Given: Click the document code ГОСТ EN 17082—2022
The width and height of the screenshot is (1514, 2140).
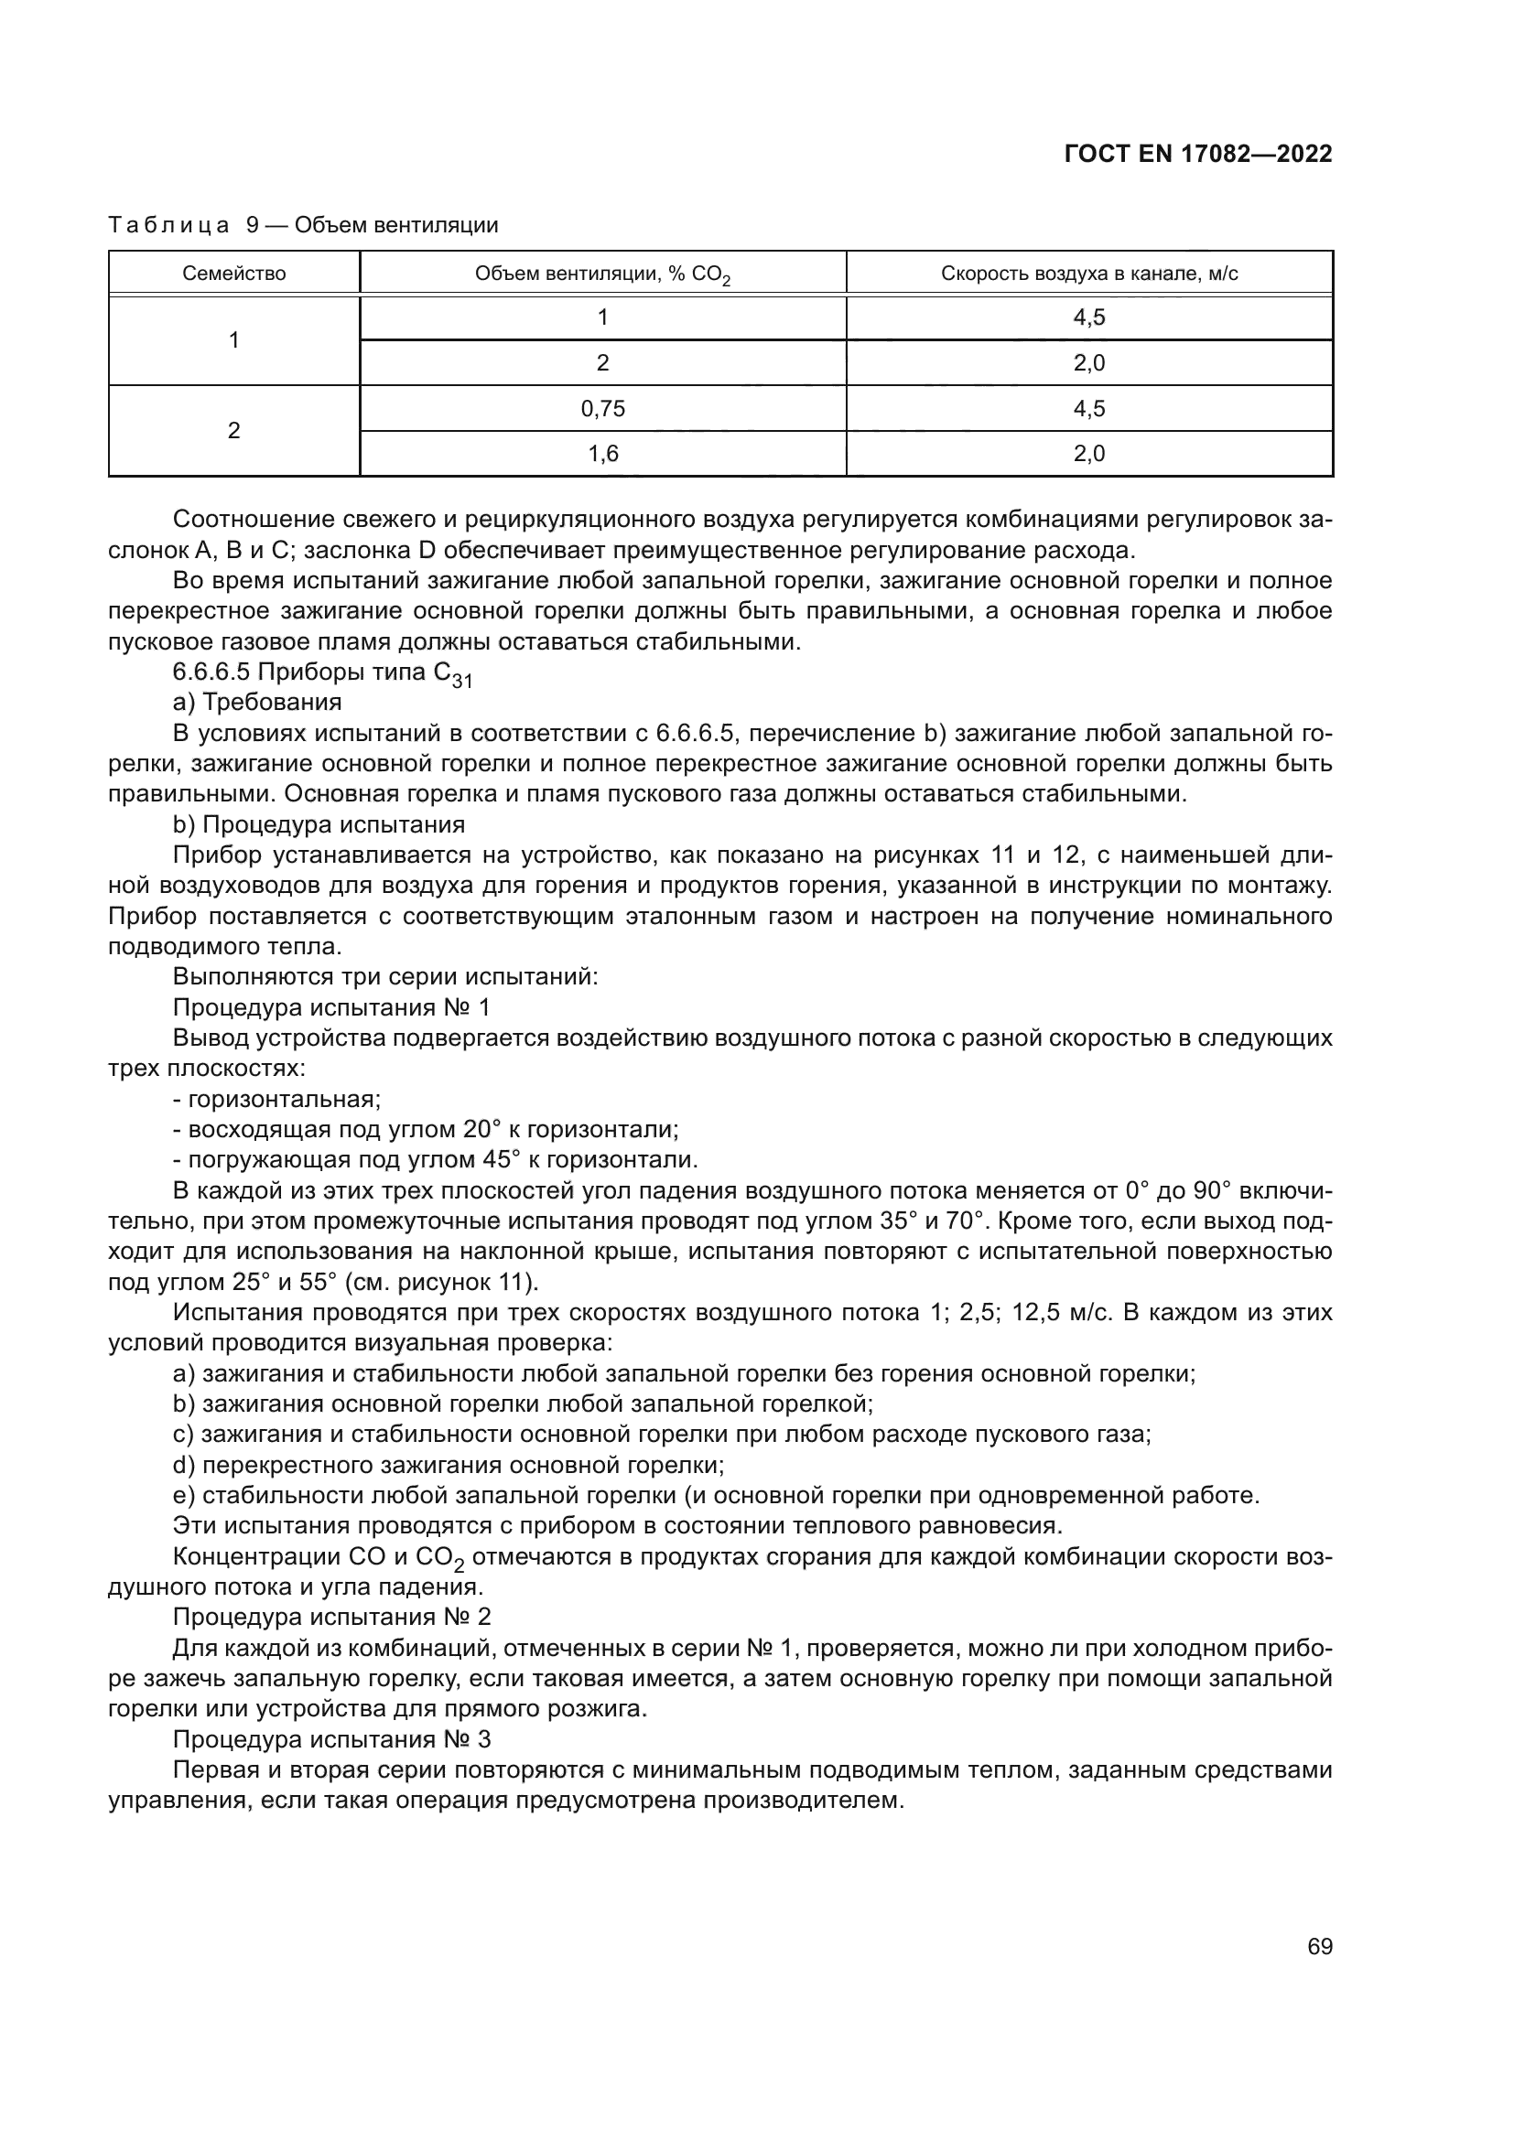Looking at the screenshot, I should click(1197, 155).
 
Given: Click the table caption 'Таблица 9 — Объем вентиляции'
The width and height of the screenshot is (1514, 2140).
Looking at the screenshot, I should click(303, 225).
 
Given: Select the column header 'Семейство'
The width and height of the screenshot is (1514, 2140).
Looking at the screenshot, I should click(234, 273).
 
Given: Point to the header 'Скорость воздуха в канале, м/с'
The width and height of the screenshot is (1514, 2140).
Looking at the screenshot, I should click(1089, 273).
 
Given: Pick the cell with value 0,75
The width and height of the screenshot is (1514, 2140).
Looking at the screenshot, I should click(602, 408).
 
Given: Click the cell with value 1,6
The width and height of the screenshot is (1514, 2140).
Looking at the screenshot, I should click(602, 454).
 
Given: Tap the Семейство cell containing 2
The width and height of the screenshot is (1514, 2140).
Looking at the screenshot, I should click(234, 431).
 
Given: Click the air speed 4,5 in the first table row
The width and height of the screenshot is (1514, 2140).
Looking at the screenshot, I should click(1089, 317).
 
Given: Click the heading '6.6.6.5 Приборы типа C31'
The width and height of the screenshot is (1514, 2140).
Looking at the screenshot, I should click(322, 674).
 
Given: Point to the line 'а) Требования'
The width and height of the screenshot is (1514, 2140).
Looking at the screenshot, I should click(257, 702).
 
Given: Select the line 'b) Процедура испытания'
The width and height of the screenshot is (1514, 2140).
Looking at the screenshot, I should click(319, 825).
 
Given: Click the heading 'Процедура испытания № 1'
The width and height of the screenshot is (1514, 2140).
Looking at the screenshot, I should click(331, 1007).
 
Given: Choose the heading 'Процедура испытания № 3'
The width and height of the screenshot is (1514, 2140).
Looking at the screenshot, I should click(331, 1739).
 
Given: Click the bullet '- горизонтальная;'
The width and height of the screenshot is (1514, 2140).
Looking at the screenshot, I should click(276, 1099).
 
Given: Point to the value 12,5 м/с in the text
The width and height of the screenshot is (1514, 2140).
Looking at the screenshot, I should click(1052, 1312).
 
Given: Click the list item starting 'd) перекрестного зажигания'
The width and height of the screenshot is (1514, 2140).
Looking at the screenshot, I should click(449, 1465).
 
